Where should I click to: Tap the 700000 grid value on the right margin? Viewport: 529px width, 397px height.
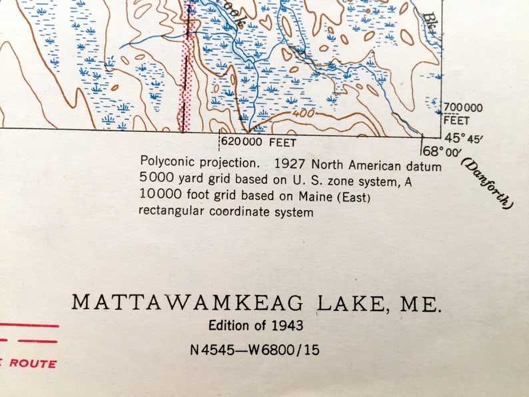(x=464, y=107)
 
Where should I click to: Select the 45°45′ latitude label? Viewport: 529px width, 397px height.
(x=464, y=139)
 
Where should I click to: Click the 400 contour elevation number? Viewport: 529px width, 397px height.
(x=304, y=114)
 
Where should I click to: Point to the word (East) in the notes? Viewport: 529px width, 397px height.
(x=354, y=197)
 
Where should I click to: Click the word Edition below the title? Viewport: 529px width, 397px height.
(x=227, y=326)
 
